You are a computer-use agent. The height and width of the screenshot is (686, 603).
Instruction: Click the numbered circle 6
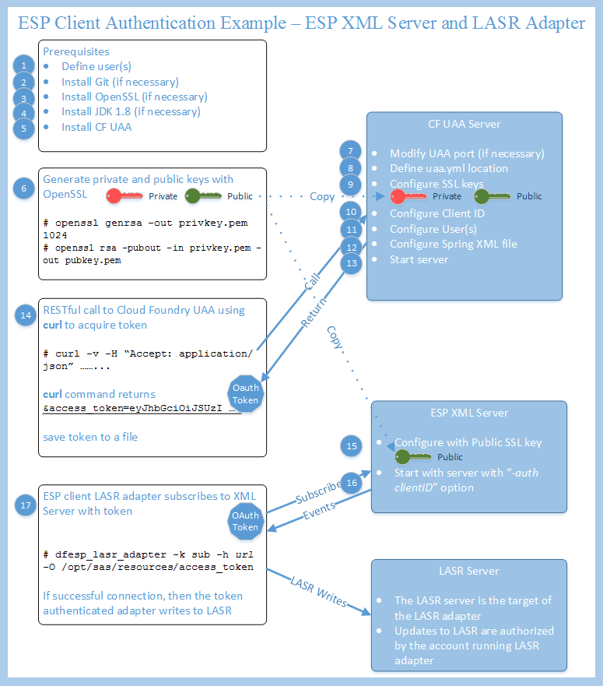(25, 188)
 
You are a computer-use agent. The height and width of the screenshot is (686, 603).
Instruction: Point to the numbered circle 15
(352, 446)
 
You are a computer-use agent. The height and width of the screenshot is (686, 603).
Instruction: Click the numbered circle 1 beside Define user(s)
(25, 66)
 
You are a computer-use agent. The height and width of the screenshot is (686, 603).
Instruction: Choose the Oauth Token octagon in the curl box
(245, 394)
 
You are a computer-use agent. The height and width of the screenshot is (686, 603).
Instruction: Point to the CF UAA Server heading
(464, 124)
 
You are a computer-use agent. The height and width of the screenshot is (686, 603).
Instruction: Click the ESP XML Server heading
(468, 413)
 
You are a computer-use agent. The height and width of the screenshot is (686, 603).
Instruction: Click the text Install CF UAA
(96, 127)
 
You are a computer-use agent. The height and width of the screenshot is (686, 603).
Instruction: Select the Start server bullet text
(419, 259)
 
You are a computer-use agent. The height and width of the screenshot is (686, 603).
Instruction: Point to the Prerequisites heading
(75, 52)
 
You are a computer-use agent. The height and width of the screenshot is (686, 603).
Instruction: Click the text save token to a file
(90, 437)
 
